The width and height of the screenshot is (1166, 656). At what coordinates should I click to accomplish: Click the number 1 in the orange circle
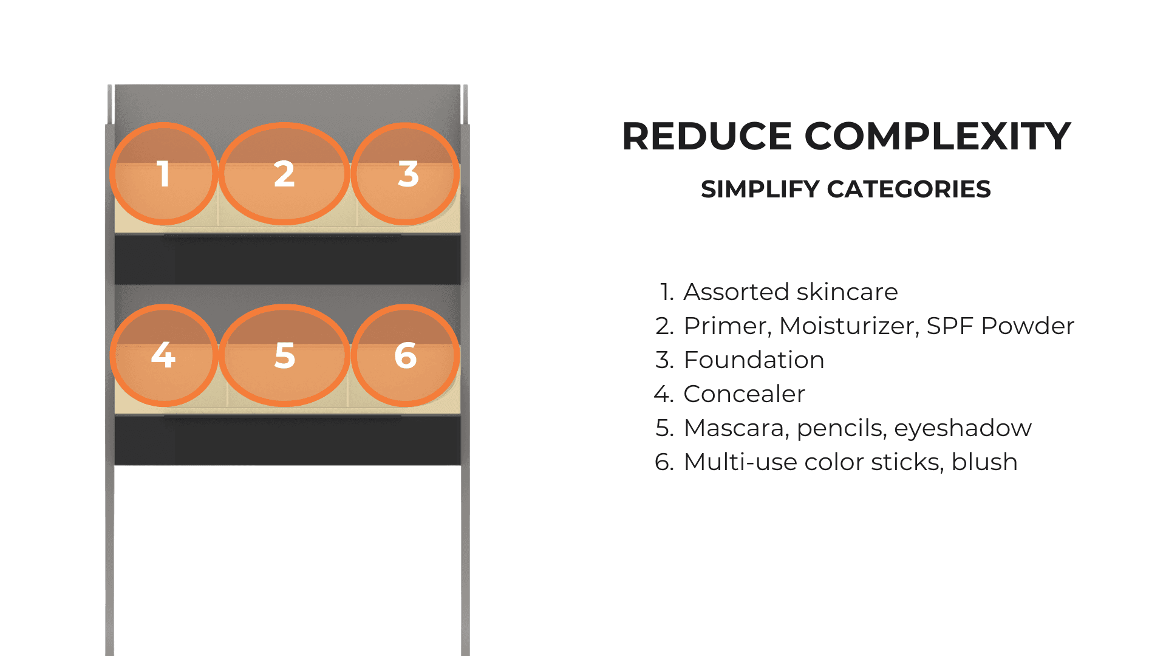[x=163, y=174]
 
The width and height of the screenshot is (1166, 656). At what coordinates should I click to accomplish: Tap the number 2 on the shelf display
[x=284, y=174]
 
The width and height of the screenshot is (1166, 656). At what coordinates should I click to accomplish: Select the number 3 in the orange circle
[x=408, y=174]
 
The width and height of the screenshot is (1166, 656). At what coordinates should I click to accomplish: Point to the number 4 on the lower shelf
[x=163, y=355]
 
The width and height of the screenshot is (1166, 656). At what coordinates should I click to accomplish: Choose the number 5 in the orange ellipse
[x=285, y=355]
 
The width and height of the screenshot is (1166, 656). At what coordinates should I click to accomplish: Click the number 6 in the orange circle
[x=406, y=355]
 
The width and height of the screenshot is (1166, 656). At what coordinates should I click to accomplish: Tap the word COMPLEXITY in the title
[x=938, y=136]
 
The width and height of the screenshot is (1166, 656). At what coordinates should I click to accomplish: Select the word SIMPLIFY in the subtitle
[x=760, y=190]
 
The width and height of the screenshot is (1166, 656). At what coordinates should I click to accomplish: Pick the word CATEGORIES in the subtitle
[x=909, y=190]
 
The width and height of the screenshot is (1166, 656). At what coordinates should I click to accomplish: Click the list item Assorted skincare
[x=790, y=292]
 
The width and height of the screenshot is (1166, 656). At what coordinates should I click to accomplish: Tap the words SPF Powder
[x=1001, y=326]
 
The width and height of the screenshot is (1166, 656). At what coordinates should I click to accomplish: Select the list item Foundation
[x=754, y=360]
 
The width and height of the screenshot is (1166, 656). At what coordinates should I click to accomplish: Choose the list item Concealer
[x=745, y=394]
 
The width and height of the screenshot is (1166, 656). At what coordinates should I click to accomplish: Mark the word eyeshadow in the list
[x=963, y=429]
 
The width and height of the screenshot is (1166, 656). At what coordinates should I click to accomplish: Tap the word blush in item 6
[x=984, y=462]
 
